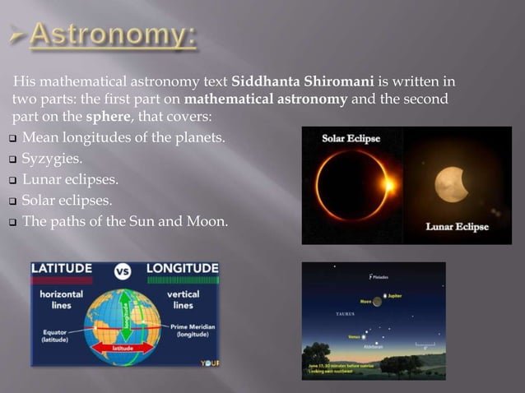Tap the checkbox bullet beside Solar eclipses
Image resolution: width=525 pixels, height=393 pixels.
point(12,200)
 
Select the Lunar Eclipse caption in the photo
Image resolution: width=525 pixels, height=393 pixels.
point(457,226)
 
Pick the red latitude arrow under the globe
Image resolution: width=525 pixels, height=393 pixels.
point(123,349)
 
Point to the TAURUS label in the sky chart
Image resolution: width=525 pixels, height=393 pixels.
point(346,314)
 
